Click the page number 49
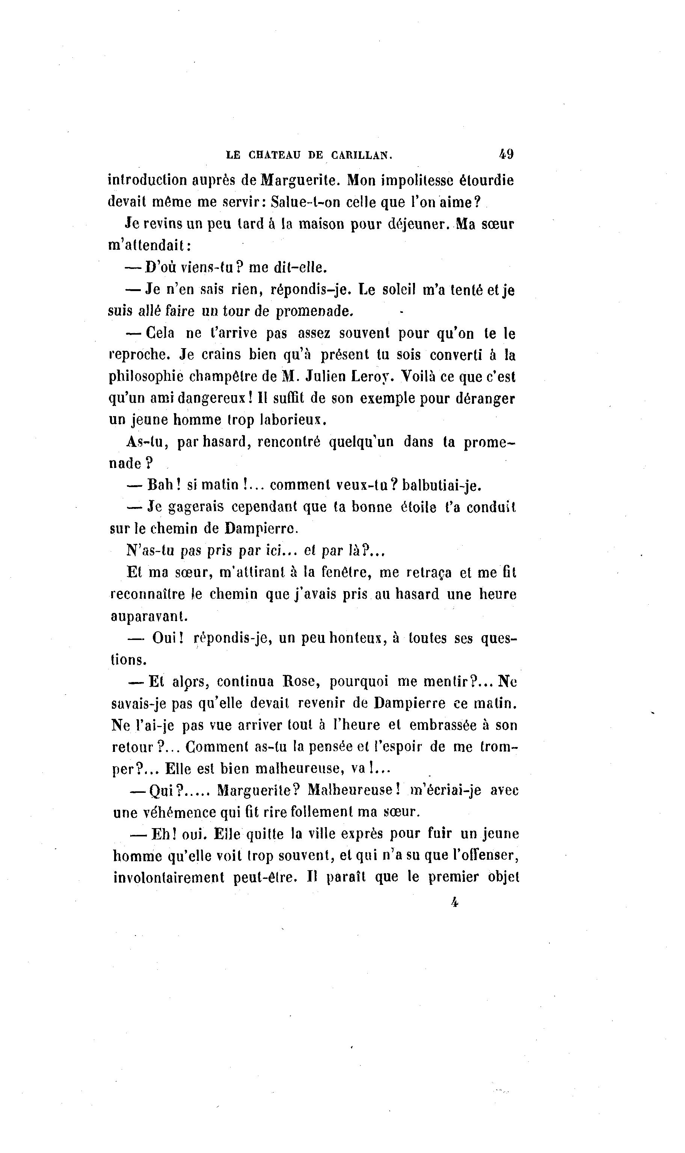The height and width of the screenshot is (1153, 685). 506,154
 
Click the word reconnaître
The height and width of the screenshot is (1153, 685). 147,595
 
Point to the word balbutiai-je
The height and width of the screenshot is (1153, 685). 442,486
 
